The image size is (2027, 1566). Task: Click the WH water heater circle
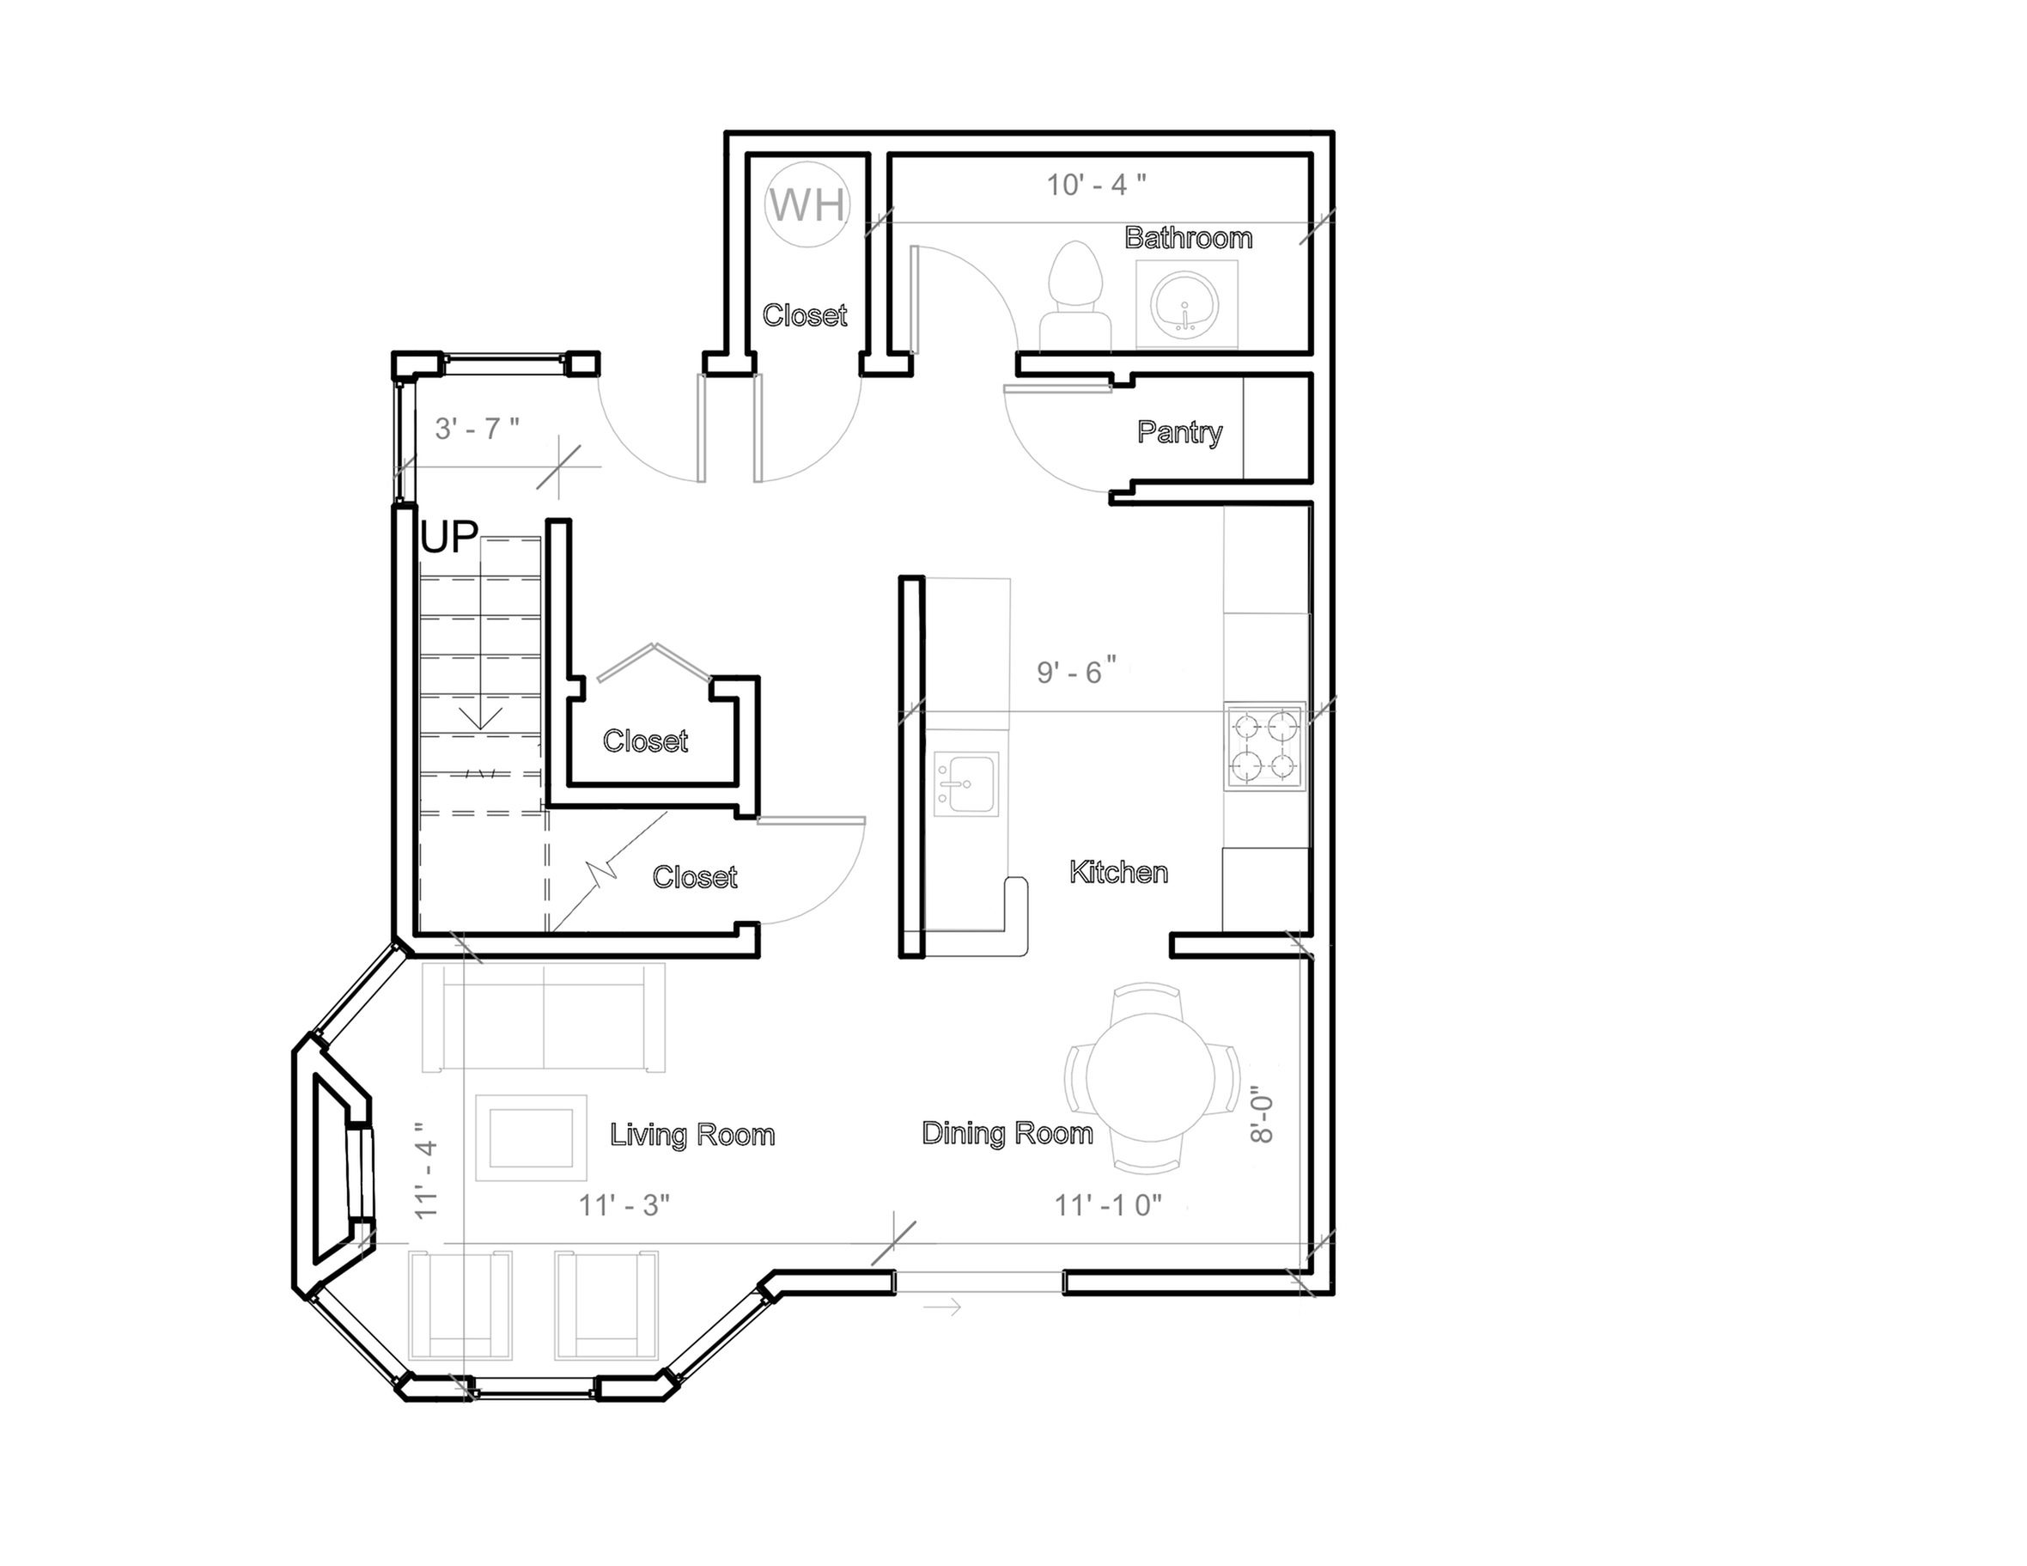[807, 204]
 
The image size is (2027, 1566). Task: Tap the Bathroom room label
[1188, 238]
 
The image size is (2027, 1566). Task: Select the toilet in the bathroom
[1074, 296]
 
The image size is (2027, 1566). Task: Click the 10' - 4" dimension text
[1096, 185]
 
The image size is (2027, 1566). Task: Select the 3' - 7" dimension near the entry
[477, 428]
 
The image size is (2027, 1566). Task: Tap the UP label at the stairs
[449, 537]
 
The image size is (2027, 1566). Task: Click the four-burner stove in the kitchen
[1265, 746]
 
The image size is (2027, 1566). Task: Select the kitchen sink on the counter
[966, 784]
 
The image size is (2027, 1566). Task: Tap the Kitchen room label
[1118, 872]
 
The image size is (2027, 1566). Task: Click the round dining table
[1150, 1078]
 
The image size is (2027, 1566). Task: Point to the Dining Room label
[1007, 1132]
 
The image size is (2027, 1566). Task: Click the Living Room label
[692, 1135]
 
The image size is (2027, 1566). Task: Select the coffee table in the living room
[531, 1137]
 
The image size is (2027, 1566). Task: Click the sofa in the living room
[544, 1017]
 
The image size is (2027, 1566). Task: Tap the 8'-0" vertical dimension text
[1262, 1115]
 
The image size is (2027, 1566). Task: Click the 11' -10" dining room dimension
[1108, 1205]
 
